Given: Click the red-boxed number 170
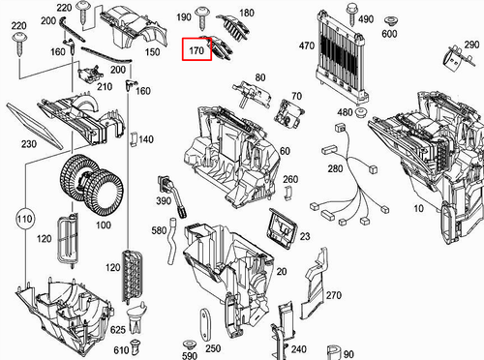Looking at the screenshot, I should pos(198,45).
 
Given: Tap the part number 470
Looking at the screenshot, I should pos(307,45).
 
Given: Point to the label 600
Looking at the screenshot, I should pos(388,34).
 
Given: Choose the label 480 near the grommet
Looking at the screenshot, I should pos(344,112).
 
